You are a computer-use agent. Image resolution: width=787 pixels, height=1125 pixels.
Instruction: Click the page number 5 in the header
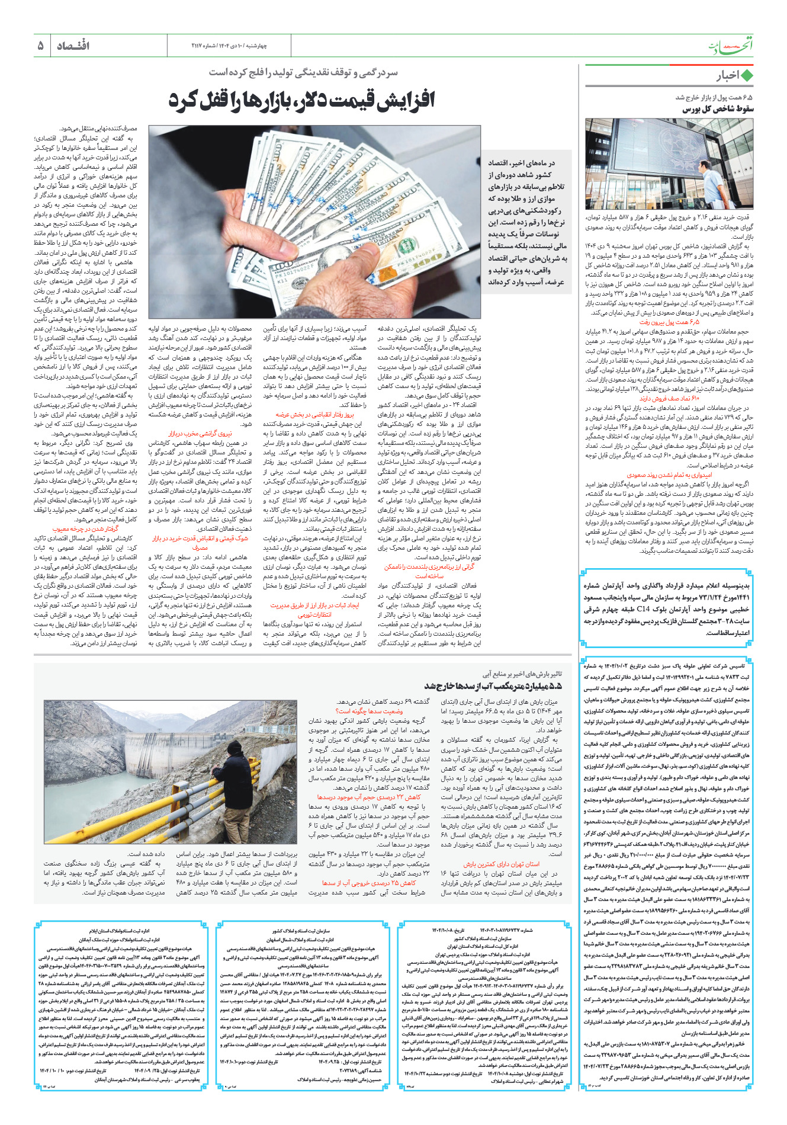[40, 46]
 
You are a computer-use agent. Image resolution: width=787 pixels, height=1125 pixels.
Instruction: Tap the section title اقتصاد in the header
[73, 46]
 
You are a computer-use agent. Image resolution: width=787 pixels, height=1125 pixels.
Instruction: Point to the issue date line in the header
[229, 46]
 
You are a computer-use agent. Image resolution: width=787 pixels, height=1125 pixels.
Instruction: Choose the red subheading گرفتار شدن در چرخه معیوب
[85, 529]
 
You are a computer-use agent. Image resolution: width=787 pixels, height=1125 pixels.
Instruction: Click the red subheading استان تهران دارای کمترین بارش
[502, 864]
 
